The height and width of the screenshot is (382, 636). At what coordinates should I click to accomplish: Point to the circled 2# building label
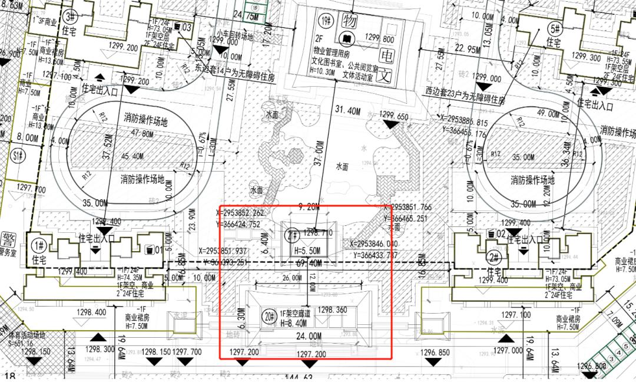coord(495,258)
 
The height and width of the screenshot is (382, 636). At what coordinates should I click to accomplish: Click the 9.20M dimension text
coord(310,208)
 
